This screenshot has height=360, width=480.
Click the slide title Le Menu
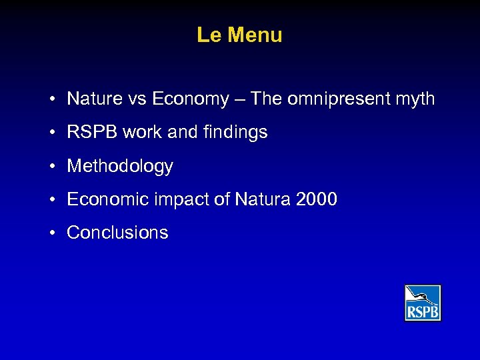coord(239,35)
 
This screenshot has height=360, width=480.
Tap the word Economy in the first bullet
coord(190,99)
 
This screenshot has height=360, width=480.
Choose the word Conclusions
coord(117,233)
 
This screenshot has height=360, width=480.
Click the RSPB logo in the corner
coord(423,303)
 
